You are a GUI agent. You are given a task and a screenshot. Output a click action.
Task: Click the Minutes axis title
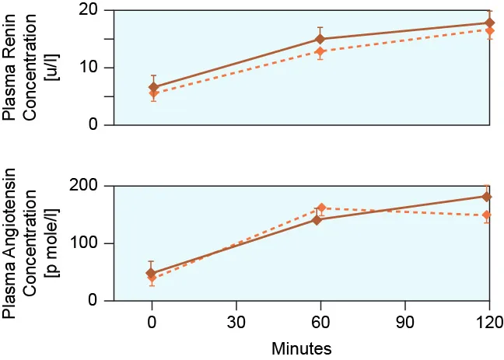coord(302,348)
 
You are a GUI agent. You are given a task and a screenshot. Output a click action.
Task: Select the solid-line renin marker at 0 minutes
coord(152,87)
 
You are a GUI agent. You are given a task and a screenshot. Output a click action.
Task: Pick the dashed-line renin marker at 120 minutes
coord(489,30)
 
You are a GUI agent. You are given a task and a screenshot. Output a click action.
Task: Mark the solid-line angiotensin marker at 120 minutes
coord(489,196)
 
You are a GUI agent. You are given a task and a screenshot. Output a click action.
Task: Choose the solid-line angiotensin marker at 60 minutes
coord(317,220)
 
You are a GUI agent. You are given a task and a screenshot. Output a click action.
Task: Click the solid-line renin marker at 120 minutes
coord(489,23)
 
